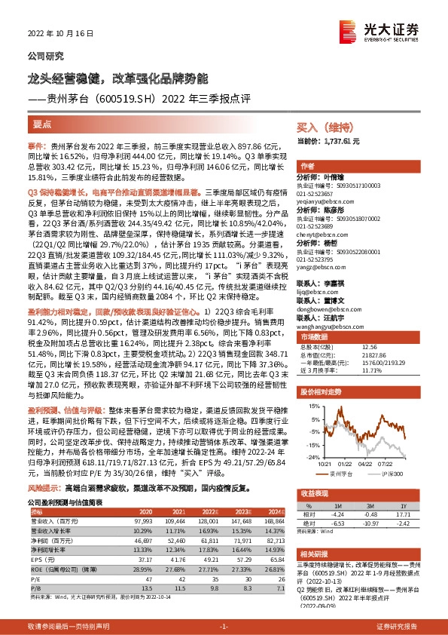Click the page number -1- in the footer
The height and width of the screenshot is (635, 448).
(x=224, y=627)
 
